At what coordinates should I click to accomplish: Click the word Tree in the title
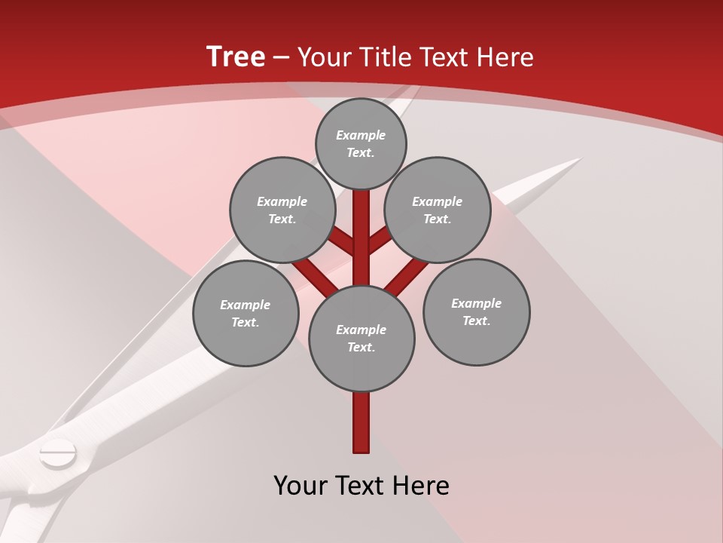pyautogui.click(x=236, y=57)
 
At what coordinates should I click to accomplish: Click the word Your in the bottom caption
pyautogui.click(x=300, y=486)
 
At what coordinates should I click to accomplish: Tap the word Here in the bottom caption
pyautogui.click(x=423, y=486)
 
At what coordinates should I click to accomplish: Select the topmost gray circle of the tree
pyautogui.click(x=361, y=144)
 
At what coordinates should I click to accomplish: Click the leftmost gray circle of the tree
pyautogui.click(x=246, y=314)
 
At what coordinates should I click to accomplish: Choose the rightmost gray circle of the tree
pyautogui.click(x=477, y=312)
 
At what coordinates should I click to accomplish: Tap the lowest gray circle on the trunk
pyautogui.click(x=361, y=339)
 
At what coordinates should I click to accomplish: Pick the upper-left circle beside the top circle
pyautogui.click(x=282, y=210)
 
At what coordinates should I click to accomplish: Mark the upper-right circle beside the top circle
pyautogui.click(x=438, y=210)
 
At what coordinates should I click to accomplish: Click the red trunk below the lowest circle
pyautogui.click(x=361, y=422)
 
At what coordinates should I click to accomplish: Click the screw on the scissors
pyautogui.click(x=58, y=453)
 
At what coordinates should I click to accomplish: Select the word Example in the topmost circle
pyautogui.click(x=361, y=136)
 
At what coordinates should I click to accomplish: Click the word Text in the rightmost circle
pyautogui.click(x=476, y=321)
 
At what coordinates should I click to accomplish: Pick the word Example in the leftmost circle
pyautogui.click(x=245, y=305)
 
